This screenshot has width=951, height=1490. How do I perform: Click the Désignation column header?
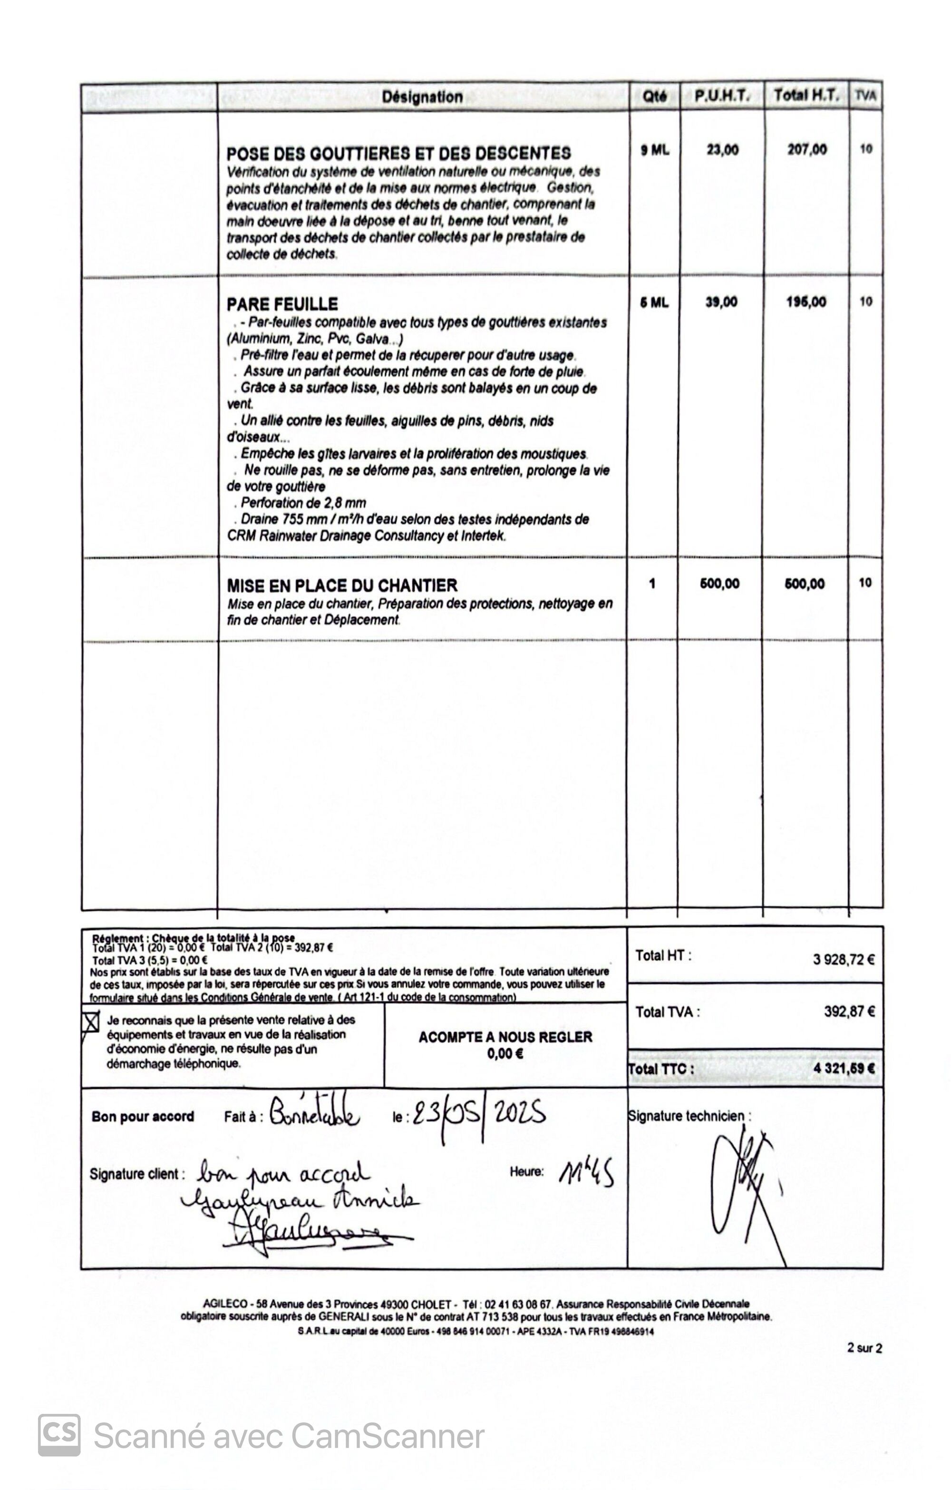(422, 97)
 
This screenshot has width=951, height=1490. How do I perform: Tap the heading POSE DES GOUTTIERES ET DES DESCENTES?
(398, 154)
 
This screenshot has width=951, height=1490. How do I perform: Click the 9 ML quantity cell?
(655, 150)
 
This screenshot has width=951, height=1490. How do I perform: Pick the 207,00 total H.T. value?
(807, 149)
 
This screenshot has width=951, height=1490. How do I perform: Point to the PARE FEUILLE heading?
(282, 304)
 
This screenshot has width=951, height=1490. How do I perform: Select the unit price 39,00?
(721, 302)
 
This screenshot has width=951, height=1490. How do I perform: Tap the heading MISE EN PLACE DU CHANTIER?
(342, 585)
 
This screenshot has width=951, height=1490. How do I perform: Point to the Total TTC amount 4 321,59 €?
(844, 1069)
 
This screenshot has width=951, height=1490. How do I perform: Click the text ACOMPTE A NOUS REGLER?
(505, 1037)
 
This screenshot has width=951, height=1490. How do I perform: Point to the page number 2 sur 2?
(864, 1348)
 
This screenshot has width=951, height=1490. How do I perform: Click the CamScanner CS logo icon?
(59, 1435)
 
